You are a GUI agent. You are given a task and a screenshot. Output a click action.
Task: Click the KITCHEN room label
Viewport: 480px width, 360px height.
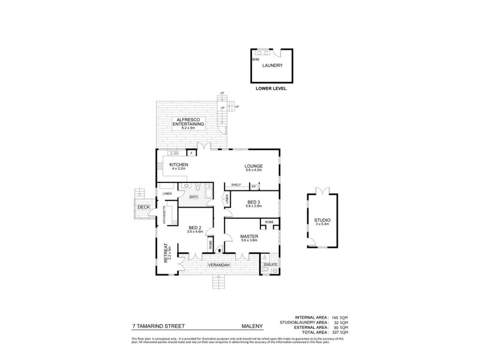pyautogui.click(x=179, y=165)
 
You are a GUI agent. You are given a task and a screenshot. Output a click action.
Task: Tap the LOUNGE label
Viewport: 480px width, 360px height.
pyautogui.click(x=253, y=166)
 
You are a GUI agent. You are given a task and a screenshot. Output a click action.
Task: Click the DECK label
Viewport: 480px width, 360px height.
pyautogui.click(x=143, y=207)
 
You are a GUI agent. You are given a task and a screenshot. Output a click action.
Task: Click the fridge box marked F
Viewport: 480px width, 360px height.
pyautogui.click(x=191, y=153)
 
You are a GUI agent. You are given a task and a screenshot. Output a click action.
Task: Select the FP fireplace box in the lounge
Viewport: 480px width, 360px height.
pyautogui.click(x=253, y=187)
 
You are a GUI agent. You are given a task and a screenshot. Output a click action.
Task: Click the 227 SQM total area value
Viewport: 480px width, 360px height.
pyautogui.click(x=336, y=332)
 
